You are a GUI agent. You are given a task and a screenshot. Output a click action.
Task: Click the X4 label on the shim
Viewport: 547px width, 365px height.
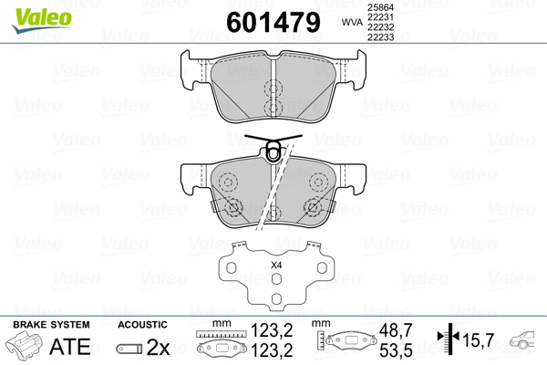click(x=276, y=265)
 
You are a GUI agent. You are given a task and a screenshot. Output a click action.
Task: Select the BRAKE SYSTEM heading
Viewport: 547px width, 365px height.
click(x=50, y=324)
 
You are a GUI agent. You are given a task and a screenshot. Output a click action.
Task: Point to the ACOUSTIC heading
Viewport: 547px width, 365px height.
click(x=143, y=324)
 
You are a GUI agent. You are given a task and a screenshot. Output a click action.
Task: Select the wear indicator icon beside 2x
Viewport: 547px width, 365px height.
click(x=129, y=349)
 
